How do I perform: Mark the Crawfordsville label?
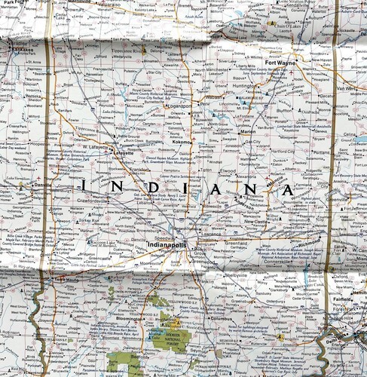pos(98,201)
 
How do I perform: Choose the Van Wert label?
pos(352,88)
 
